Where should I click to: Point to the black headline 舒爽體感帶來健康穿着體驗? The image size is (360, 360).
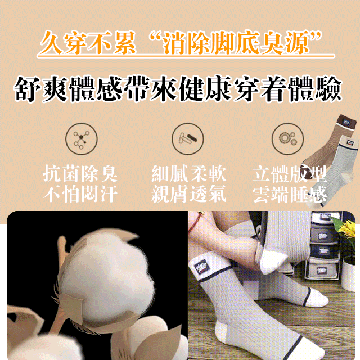pyautogui.click(x=179, y=89)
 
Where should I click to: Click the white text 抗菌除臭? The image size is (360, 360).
pyautogui.click(x=80, y=174)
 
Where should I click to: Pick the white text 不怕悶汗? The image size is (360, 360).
pyautogui.click(x=80, y=194)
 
